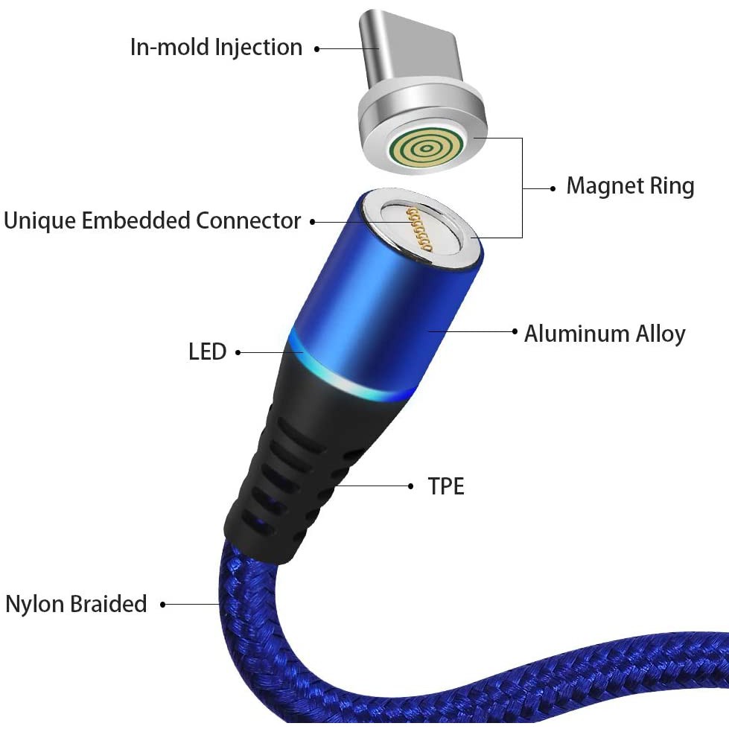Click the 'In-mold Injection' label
216,48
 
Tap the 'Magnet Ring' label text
630,186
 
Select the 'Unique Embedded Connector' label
152,221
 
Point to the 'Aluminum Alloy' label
605,334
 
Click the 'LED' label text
207,351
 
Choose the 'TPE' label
446,487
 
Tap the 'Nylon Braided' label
76,604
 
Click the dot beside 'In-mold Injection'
316,49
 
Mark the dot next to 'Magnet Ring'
553,188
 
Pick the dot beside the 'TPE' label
411,486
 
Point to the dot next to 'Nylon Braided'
163,605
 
